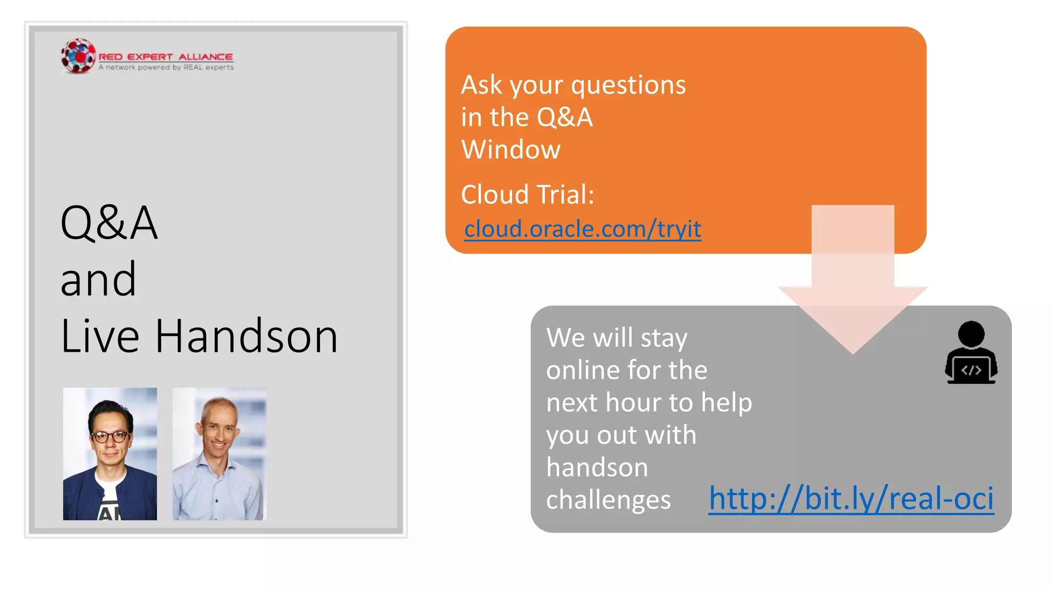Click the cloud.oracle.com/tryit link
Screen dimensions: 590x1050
pyautogui.click(x=582, y=229)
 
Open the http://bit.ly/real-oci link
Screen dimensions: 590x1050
pyautogui.click(x=851, y=498)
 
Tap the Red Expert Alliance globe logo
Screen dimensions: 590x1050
pyautogui.click(x=78, y=56)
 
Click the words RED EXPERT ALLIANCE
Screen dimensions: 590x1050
pyautogui.click(x=166, y=57)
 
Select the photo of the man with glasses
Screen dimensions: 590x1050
pyautogui.click(x=110, y=454)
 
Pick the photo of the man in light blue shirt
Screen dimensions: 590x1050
pyautogui.click(x=219, y=454)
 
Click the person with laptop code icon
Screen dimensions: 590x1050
pyautogui.click(x=971, y=353)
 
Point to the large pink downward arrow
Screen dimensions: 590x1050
pyautogui.click(x=853, y=287)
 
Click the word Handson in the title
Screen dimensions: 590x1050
pyautogui.click(x=246, y=336)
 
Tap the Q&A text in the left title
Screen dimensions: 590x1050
pyautogui.click(x=109, y=223)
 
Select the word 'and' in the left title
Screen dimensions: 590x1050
pyautogui.click(x=98, y=280)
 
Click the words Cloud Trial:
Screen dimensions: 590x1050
pyautogui.click(x=528, y=195)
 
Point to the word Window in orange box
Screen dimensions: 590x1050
pyautogui.click(x=511, y=150)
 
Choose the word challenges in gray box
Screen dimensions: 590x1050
pyautogui.click(x=608, y=500)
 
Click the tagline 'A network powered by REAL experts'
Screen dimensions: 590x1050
pyautogui.click(x=166, y=68)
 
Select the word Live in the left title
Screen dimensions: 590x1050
pyautogui.click(x=100, y=336)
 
